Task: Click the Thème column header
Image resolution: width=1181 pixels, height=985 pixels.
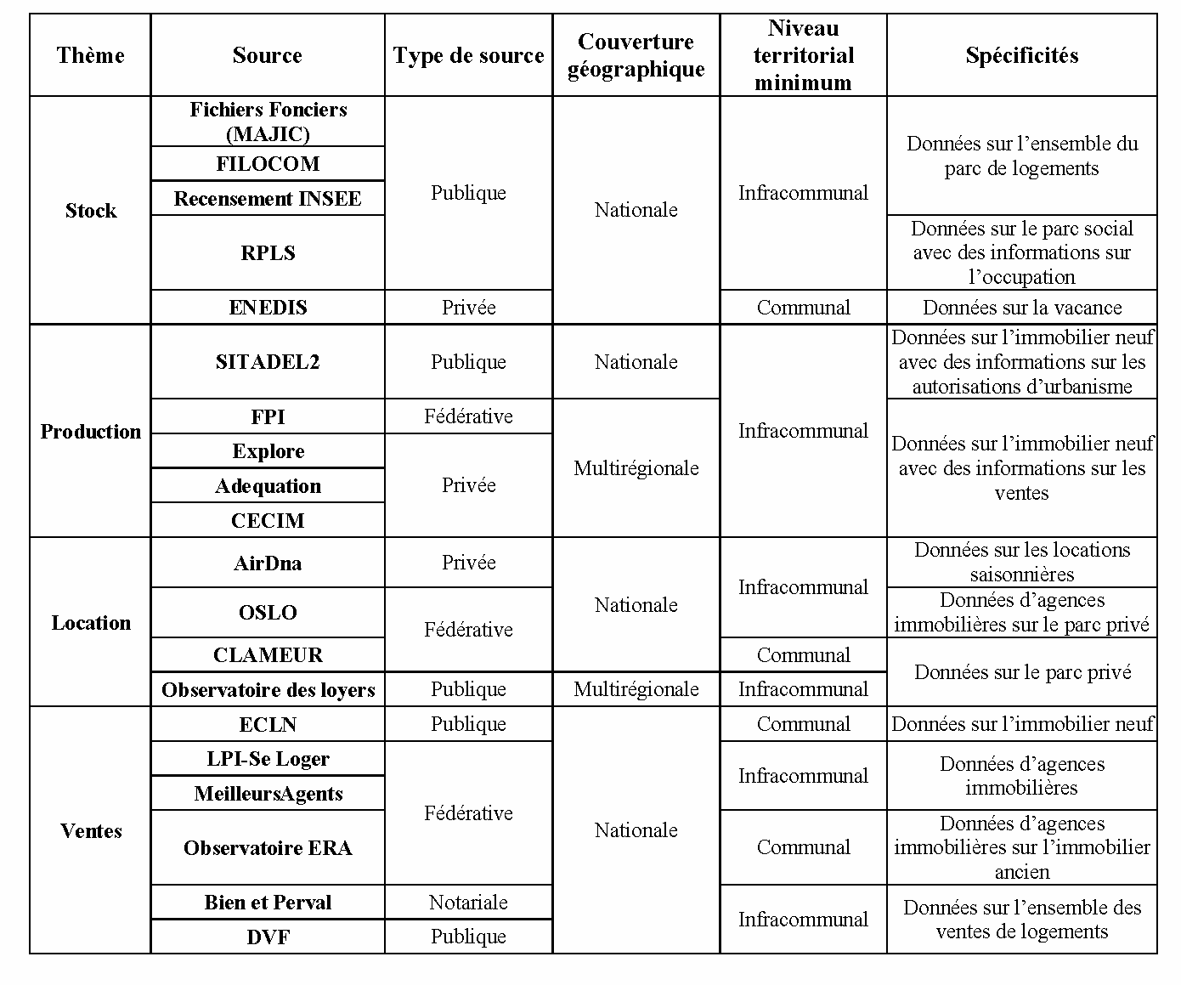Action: pyautogui.click(x=90, y=55)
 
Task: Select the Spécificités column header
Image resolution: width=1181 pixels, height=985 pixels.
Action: pyautogui.click(x=1021, y=55)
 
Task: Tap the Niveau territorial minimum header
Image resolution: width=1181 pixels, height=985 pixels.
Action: pyautogui.click(x=803, y=55)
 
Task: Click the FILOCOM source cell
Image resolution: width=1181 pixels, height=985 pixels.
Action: pyautogui.click(x=268, y=163)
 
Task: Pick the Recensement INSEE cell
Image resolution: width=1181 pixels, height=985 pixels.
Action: pyautogui.click(x=268, y=198)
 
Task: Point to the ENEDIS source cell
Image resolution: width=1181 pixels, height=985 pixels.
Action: pyautogui.click(x=268, y=307)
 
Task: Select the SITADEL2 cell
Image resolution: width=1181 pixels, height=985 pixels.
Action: pyautogui.click(x=268, y=361)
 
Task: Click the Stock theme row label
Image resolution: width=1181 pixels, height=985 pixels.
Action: pyautogui.click(x=90, y=210)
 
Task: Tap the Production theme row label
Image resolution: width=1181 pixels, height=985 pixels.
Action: pyautogui.click(x=90, y=431)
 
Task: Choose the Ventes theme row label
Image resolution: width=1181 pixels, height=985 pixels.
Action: pyautogui.click(x=90, y=830)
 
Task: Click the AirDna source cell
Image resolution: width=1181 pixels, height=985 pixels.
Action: pyautogui.click(x=268, y=563)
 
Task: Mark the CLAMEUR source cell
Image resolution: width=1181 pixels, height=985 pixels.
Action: pyautogui.click(x=268, y=654)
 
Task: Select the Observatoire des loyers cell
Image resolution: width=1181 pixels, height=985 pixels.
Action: pyautogui.click(x=268, y=689)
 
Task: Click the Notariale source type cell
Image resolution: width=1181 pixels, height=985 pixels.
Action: pyautogui.click(x=468, y=902)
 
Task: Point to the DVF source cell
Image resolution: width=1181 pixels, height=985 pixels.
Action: pyautogui.click(x=268, y=937)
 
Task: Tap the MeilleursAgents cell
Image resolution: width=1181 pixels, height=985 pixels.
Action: pyautogui.click(x=268, y=793)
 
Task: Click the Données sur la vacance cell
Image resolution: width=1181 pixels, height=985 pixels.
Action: pyautogui.click(x=1021, y=307)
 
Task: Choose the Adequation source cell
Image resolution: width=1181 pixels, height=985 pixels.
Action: pyautogui.click(x=268, y=485)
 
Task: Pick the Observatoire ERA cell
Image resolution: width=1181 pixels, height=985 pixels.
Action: pyautogui.click(x=268, y=847)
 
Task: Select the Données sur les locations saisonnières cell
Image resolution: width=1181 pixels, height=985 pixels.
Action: pyautogui.click(x=1021, y=562)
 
